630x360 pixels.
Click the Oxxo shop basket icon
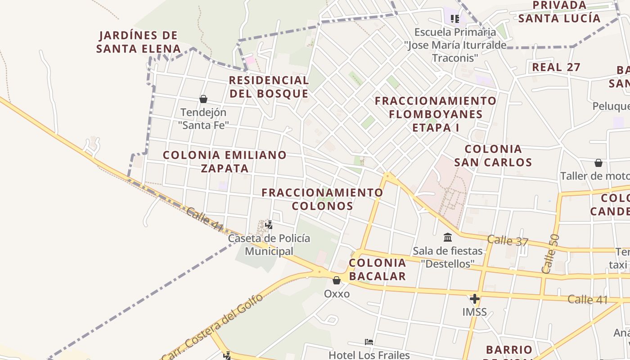337,281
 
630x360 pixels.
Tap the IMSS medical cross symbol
474,298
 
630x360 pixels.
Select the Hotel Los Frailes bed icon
369,342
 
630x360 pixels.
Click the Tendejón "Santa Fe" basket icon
203,99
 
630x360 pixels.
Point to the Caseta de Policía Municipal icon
269,224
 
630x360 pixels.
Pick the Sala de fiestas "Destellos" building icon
448,237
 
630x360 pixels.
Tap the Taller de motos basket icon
598,163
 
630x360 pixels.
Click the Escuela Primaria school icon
455,19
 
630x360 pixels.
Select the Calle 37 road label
508,241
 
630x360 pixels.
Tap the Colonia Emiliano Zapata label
225,162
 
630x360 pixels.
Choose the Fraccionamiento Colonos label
322,199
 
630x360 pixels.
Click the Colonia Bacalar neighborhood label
378,269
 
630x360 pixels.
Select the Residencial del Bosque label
269,87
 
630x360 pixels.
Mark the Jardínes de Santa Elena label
138,42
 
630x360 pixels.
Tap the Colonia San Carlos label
493,155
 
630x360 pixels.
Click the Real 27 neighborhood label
556,67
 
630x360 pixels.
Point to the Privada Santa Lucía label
559,12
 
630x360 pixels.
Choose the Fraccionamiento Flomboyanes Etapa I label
436,114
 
